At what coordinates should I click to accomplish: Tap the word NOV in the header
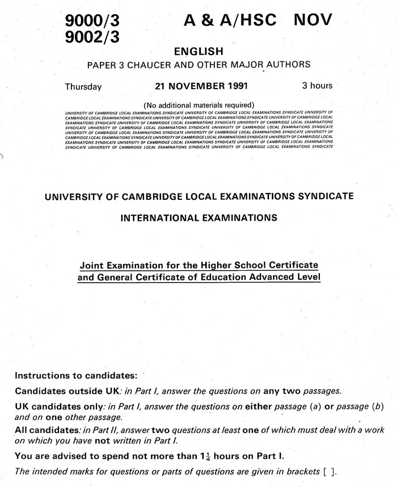click(x=313, y=20)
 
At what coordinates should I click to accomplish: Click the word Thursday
click(x=83, y=87)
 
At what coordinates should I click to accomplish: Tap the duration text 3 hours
click(x=317, y=86)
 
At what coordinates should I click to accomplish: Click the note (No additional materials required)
click(x=198, y=105)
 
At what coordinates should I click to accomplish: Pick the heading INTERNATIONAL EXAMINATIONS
click(x=198, y=217)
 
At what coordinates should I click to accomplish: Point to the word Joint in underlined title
click(x=91, y=265)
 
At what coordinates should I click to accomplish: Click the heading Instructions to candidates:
click(x=76, y=376)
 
